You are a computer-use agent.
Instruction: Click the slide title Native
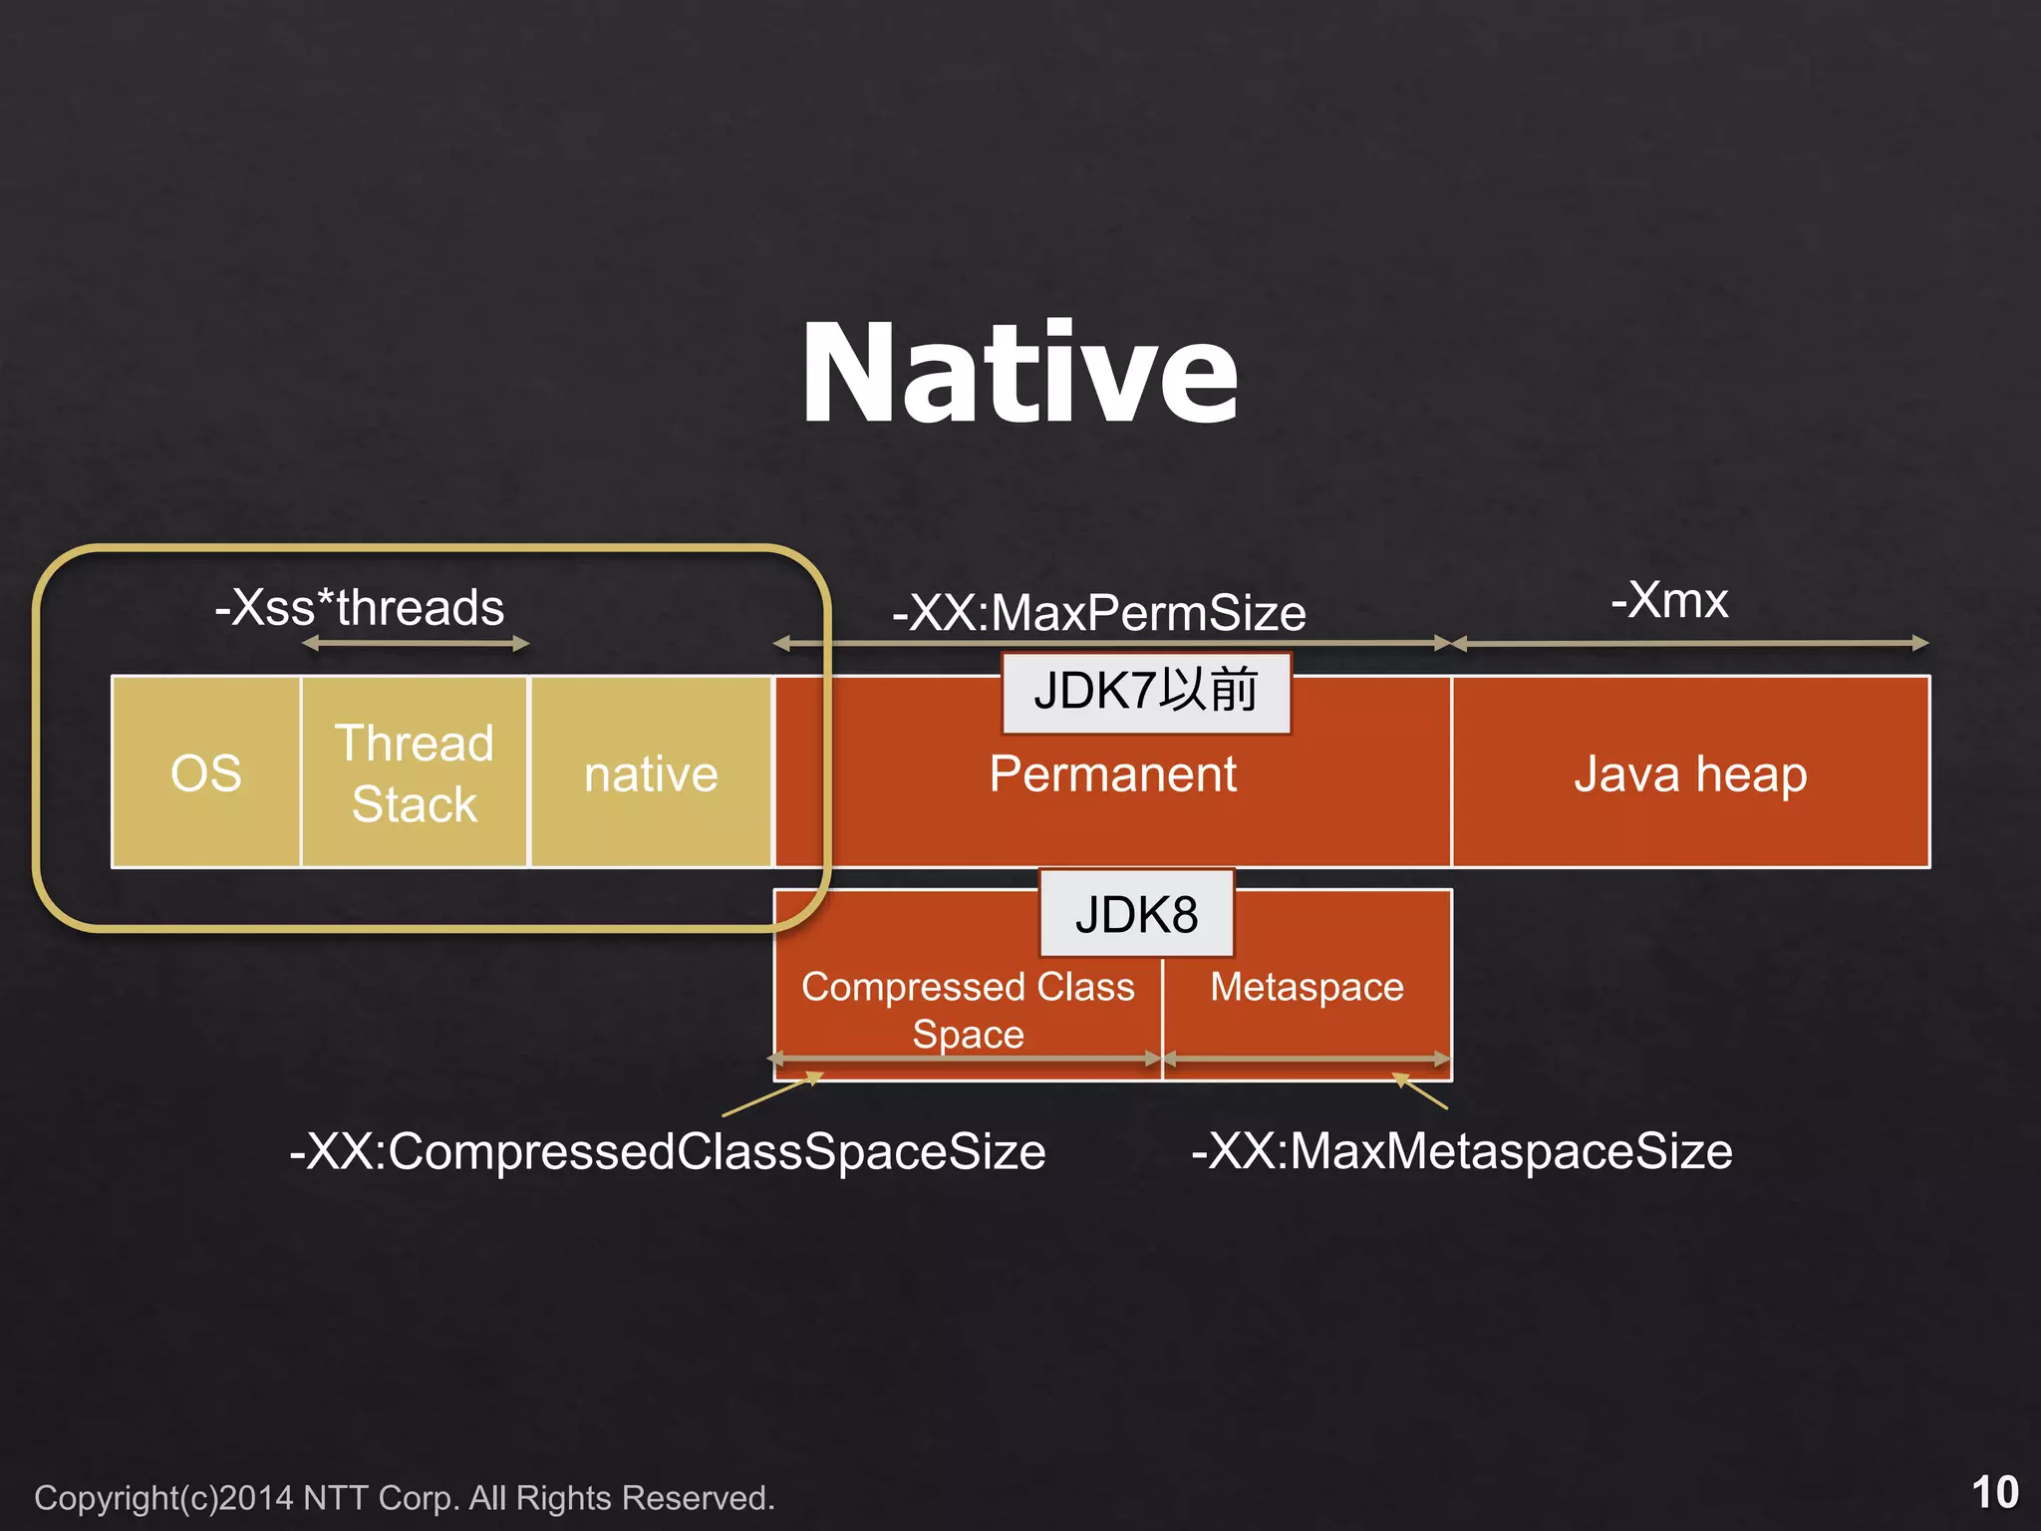pyautogui.click(x=1020, y=375)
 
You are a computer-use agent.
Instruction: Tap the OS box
pyautogui.click(x=205, y=772)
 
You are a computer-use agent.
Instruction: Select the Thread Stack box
pyautogui.click(x=415, y=772)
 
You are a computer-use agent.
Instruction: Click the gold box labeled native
pyautogui.click(x=651, y=773)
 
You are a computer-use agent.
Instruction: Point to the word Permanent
pyautogui.click(x=1112, y=774)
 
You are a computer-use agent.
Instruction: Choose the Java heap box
pyautogui.click(x=1690, y=773)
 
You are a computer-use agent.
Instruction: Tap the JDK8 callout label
pyautogui.click(x=1136, y=914)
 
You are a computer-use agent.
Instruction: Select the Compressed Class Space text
pyautogui.click(x=968, y=1010)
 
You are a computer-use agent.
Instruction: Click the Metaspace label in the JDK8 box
pyautogui.click(x=1307, y=987)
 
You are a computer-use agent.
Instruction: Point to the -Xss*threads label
pyautogui.click(x=360, y=607)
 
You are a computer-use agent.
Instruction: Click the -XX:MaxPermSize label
pyautogui.click(x=1098, y=612)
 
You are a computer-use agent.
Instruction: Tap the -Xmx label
pyautogui.click(x=1669, y=600)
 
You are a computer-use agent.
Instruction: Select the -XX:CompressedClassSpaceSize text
pyautogui.click(x=668, y=1151)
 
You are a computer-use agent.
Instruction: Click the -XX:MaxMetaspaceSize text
pyautogui.click(x=1462, y=1151)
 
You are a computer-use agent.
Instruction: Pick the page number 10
pyautogui.click(x=1994, y=1492)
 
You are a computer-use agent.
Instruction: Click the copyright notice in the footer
pyautogui.click(x=404, y=1498)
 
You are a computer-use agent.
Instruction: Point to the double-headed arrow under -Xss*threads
pyautogui.click(x=415, y=644)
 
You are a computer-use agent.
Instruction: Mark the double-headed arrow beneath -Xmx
pyautogui.click(x=1690, y=644)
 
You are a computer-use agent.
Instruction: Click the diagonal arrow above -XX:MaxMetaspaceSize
pyautogui.click(x=1420, y=1091)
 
